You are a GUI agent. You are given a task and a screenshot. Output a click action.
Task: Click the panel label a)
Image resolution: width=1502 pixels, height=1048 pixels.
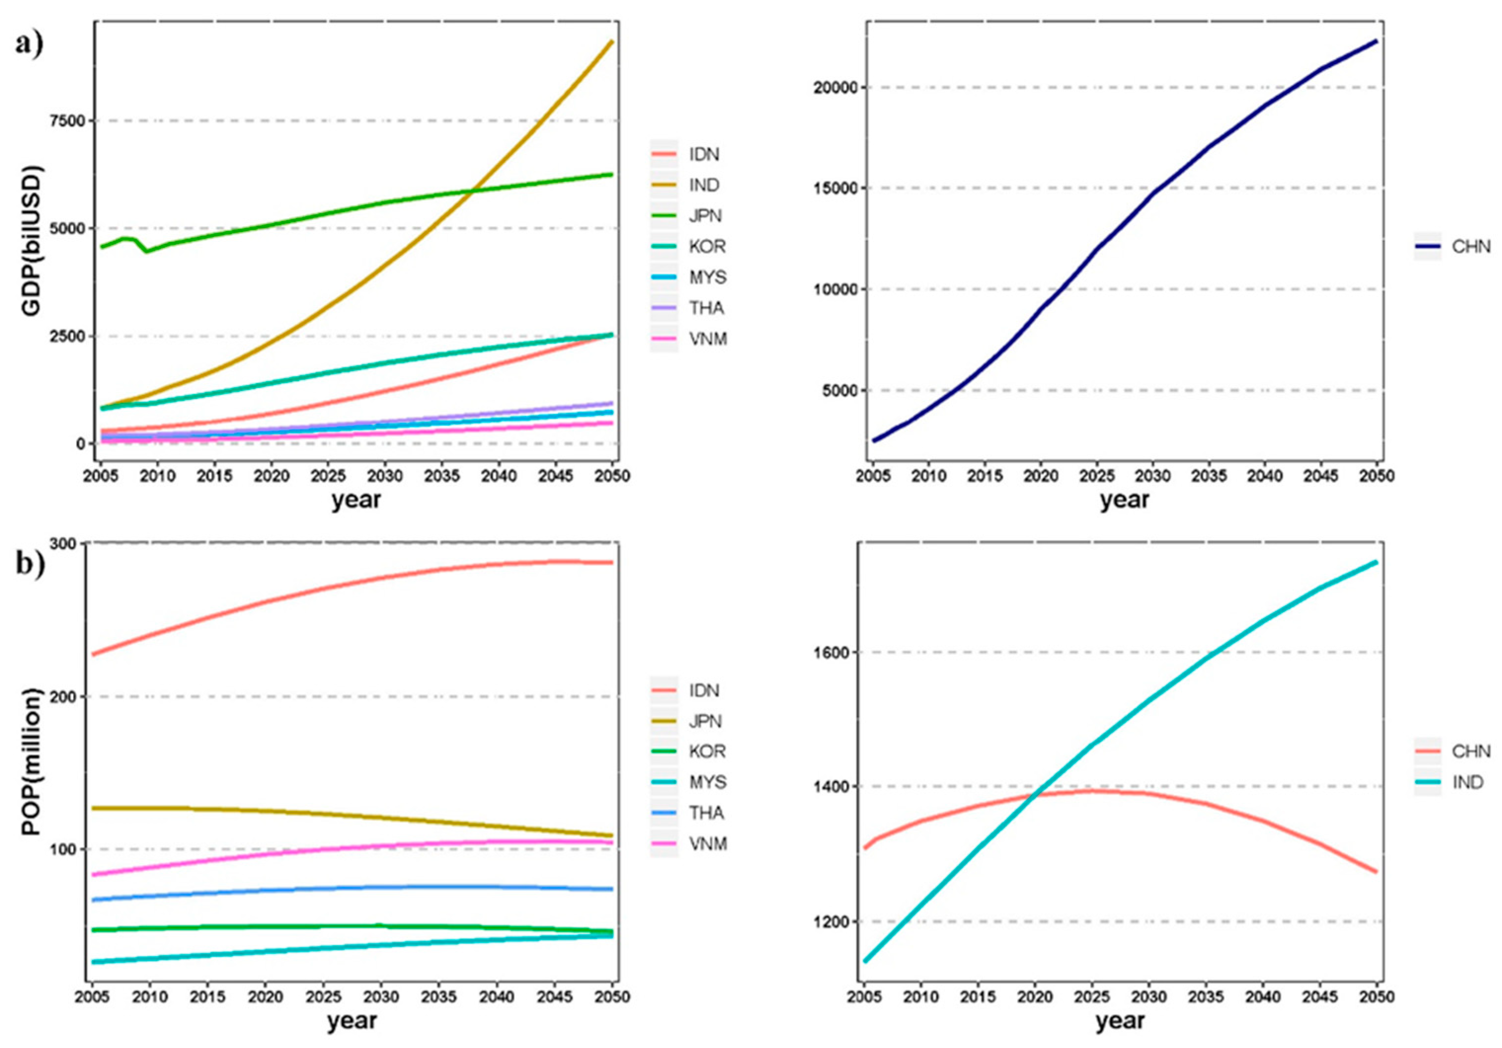tap(30, 44)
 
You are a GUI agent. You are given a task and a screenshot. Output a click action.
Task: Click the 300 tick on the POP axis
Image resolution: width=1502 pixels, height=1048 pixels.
tap(64, 543)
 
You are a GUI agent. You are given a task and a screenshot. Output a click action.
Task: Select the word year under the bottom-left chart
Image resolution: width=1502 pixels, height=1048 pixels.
tap(352, 1020)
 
